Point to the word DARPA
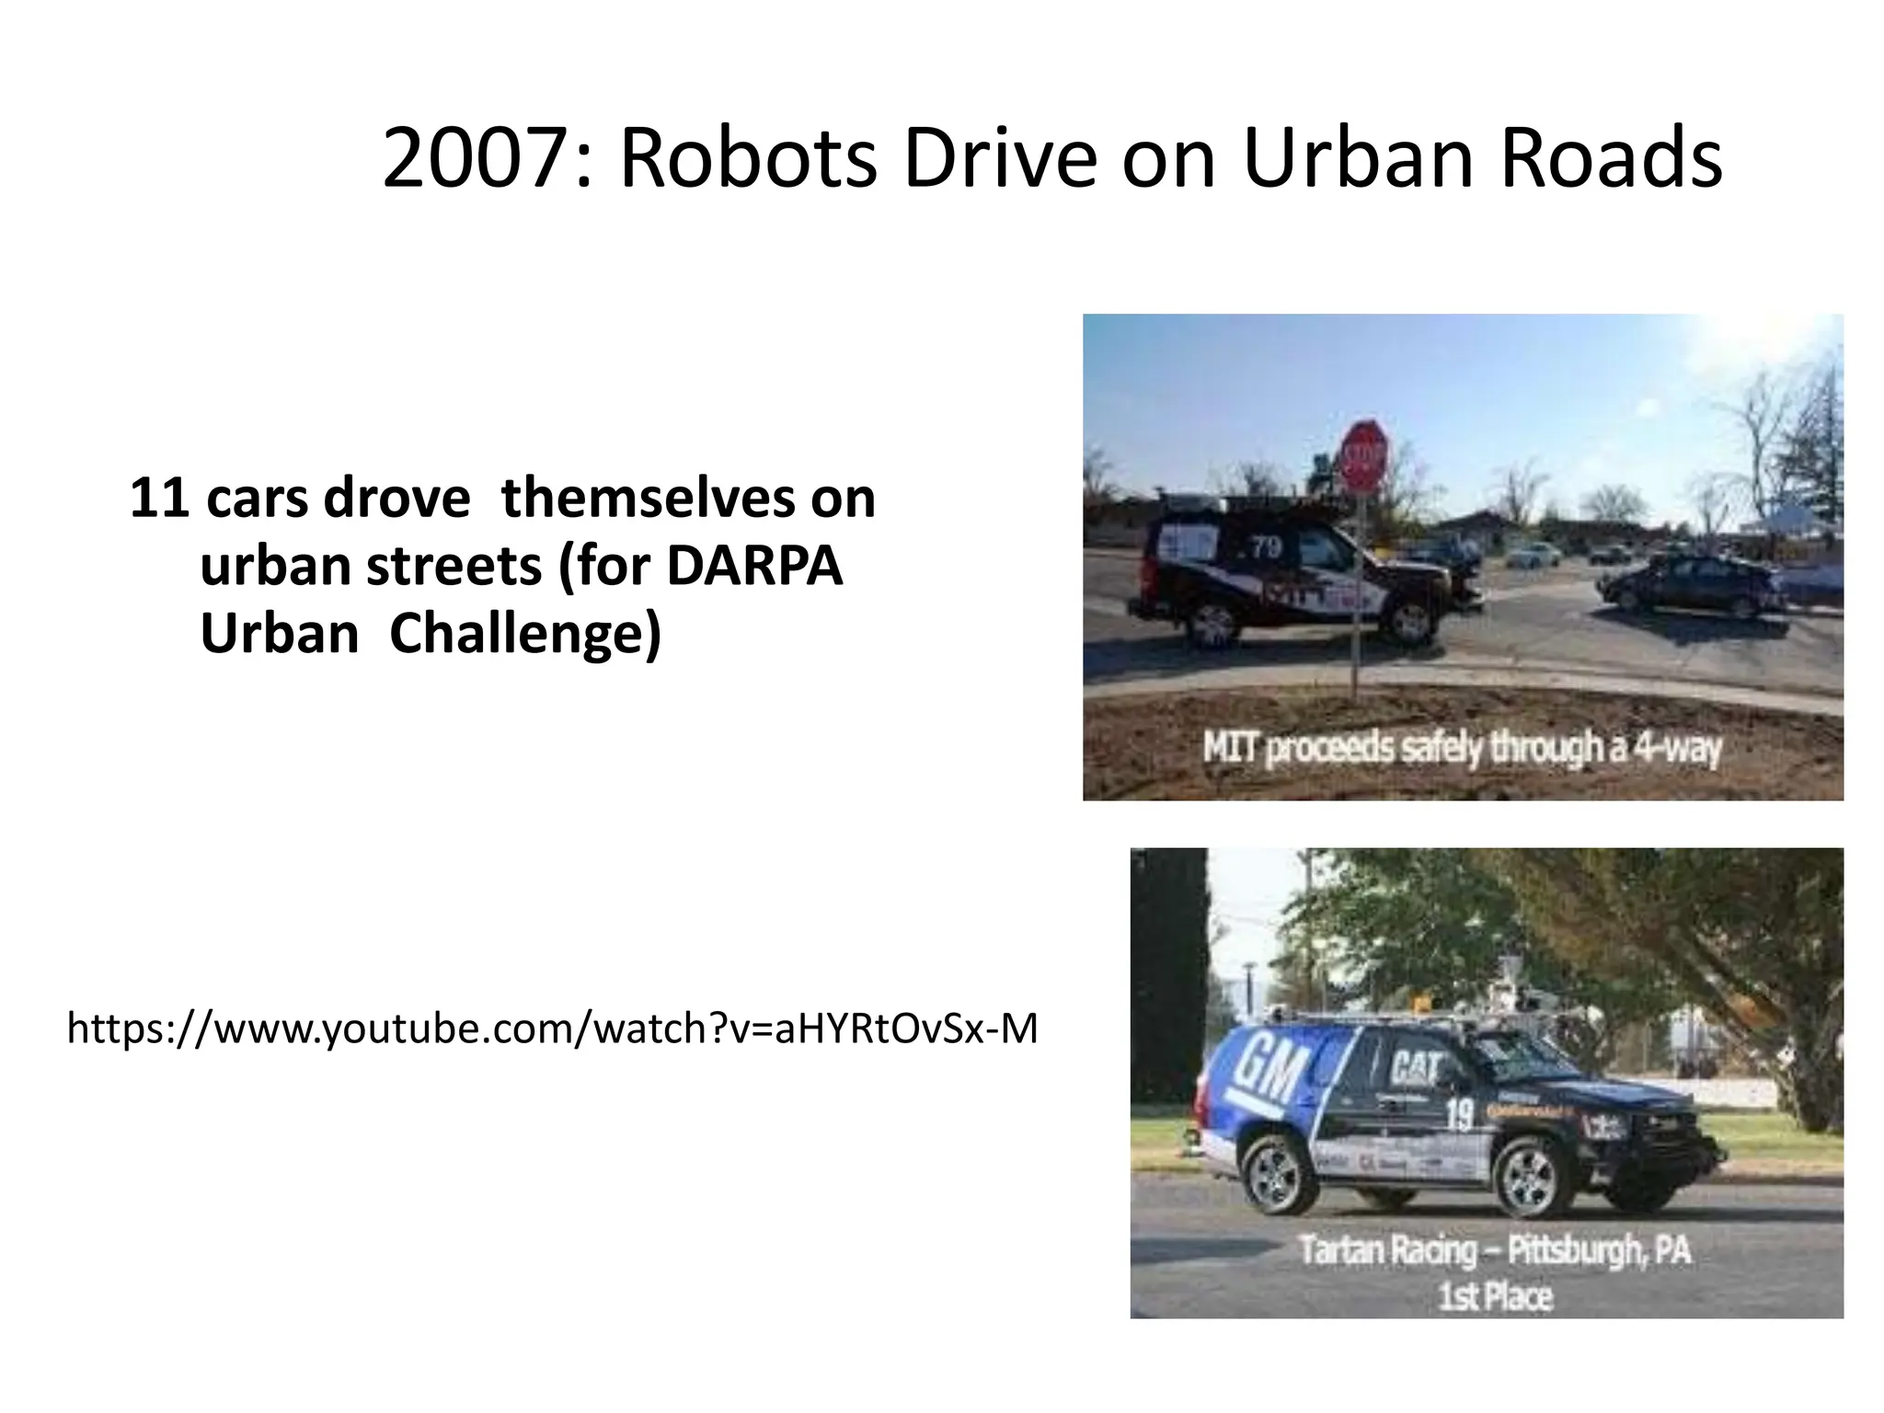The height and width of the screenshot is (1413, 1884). [x=753, y=566]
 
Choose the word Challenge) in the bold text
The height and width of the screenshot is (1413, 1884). [x=525, y=635]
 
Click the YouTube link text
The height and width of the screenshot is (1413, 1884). [x=552, y=1028]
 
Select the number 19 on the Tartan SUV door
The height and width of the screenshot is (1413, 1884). [x=1459, y=1116]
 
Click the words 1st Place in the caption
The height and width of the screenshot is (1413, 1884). [x=1496, y=1296]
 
